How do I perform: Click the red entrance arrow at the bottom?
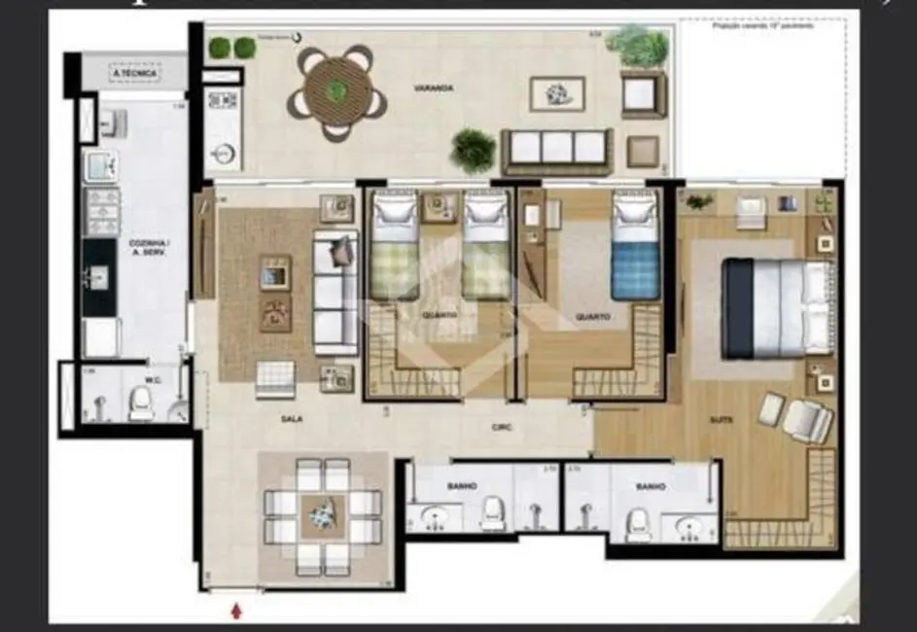click(x=235, y=611)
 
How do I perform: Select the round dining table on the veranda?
click(x=336, y=93)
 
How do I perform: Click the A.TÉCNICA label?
click(x=134, y=73)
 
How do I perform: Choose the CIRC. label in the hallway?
click(x=502, y=428)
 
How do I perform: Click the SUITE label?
click(x=721, y=420)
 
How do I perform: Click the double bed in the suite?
click(x=776, y=307)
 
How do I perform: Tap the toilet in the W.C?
click(x=142, y=402)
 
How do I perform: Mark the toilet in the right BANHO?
click(x=638, y=523)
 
